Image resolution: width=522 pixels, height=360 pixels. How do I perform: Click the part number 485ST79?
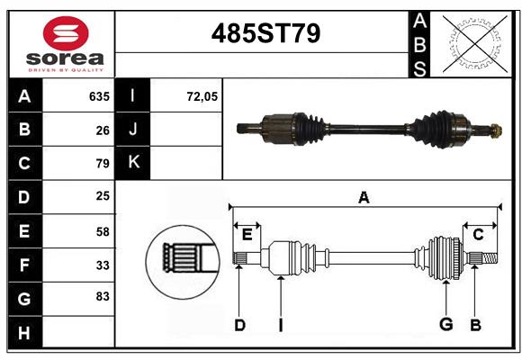click(265, 34)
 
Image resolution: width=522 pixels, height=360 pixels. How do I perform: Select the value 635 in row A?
click(99, 96)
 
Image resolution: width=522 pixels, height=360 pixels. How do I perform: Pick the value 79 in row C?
click(102, 164)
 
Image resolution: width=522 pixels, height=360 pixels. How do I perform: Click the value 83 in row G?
click(102, 297)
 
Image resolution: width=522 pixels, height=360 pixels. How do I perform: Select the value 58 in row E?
click(102, 231)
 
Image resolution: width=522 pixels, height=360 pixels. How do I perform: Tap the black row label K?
click(133, 163)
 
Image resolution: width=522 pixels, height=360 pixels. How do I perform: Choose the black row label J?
click(133, 130)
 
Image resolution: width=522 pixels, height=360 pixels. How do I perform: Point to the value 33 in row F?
click(102, 265)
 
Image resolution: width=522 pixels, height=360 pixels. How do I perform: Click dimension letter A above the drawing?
click(364, 197)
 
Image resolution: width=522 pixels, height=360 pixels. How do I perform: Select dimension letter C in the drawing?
click(479, 235)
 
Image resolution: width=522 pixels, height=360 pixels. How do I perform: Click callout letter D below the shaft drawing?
click(239, 325)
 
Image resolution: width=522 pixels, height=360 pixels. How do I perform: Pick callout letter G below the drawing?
click(445, 325)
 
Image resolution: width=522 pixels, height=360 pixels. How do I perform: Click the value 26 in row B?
click(102, 130)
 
